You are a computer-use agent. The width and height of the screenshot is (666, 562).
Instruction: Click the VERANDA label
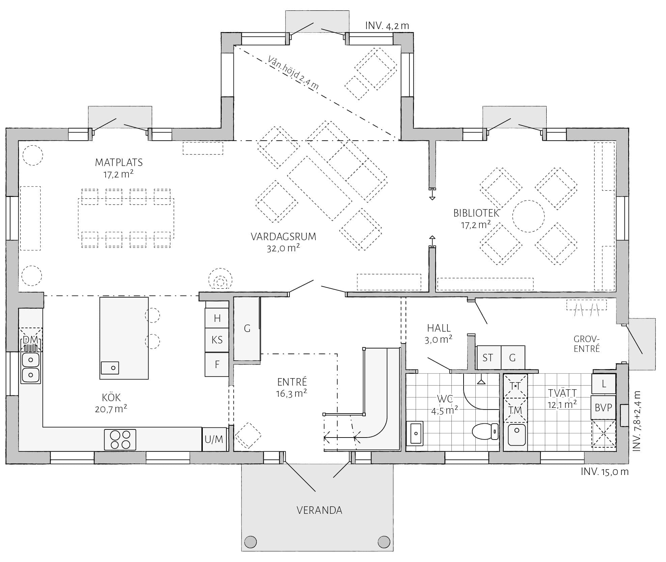(x=319, y=510)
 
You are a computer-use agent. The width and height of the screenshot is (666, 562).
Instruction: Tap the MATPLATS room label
(x=119, y=162)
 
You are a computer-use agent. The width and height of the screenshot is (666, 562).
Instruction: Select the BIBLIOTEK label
(x=476, y=213)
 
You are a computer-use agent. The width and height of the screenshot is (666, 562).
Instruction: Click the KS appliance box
(x=217, y=340)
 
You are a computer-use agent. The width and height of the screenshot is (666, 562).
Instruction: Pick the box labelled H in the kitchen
(x=217, y=318)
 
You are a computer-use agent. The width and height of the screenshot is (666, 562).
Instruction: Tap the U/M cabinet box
(x=214, y=439)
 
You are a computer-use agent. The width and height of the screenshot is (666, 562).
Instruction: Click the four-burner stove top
(x=120, y=440)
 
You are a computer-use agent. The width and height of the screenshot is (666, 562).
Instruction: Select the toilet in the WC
(x=485, y=431)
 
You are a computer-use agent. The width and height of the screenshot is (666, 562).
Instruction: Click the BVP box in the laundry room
(x=603, y=408)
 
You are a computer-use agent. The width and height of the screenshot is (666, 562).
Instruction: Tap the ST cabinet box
(x=488, y=358)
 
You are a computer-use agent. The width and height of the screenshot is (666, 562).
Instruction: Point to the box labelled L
(x=604, y=384)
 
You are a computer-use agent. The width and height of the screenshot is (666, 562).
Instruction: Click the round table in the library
(x=528, y=216)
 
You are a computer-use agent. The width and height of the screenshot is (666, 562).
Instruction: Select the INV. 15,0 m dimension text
(x=605, y=472)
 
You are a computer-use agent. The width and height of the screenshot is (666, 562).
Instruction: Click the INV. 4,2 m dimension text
(x=387, y=26)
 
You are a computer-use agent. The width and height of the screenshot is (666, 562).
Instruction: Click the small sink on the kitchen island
(x=110, y=368)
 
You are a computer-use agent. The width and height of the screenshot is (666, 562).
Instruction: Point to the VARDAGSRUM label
(x=283, y=236)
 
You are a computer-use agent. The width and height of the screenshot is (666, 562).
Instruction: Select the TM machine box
(x=515, y=410)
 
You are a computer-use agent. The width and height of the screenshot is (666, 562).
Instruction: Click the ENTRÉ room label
(x=292, y=382)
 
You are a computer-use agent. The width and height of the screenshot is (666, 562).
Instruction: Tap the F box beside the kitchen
(x=217, y=364)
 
